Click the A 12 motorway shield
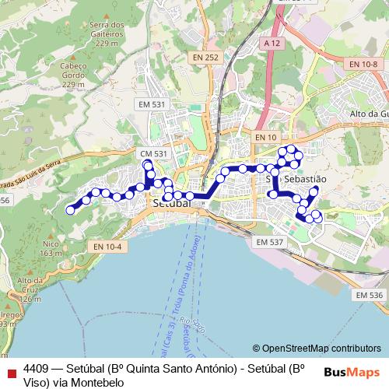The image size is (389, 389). (272, 44)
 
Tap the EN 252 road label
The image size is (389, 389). (206, 57)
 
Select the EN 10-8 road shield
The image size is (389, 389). (363, 64)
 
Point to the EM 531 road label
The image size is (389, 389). (152, 104)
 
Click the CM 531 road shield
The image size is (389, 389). (154, 154)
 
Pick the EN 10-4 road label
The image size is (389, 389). (107, 247)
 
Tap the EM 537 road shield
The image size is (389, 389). (270, 242)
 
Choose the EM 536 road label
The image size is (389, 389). (369, 295)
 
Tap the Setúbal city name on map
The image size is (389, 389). (171, 202)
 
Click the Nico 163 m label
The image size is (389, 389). (51, 248)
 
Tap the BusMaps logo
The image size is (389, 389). (352, 372)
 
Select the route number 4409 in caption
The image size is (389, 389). (37, 369)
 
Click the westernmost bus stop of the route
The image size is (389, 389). (70, 209)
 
